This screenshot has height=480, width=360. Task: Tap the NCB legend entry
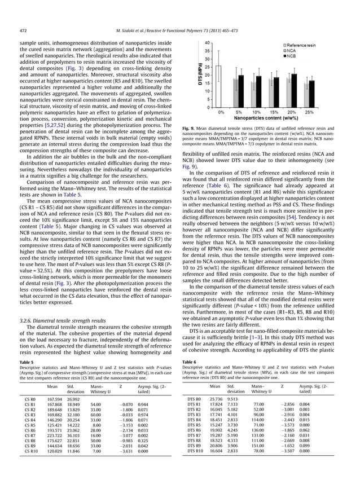coord(292,56)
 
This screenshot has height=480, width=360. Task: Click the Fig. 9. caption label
coord(192,129)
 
